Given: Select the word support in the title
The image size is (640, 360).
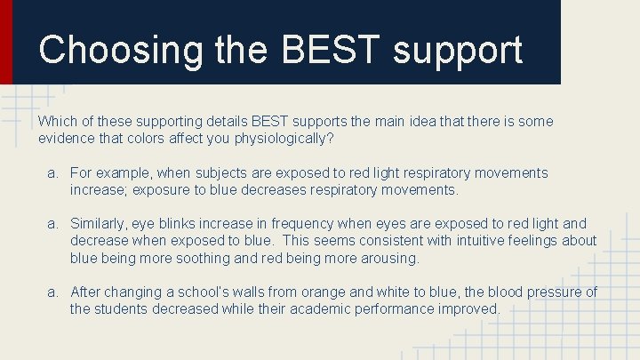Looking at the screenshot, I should (x=458, y=52).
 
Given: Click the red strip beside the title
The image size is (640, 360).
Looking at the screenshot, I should (x=6, y=42).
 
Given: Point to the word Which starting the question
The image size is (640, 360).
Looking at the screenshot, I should (x=56, y=121).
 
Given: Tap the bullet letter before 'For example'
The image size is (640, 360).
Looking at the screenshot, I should (x=52, y=172).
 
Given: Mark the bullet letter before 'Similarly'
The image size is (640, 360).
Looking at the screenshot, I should (x=52, y=224).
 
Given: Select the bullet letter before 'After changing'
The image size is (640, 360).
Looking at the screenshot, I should (x=52, y=292).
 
